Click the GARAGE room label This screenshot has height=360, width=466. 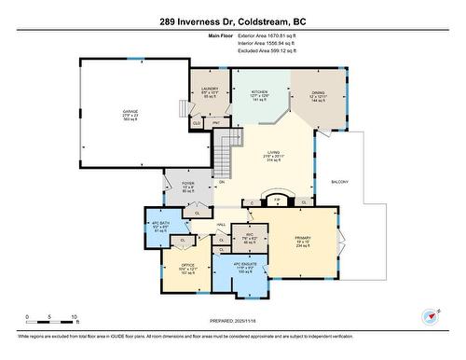pos(130,111)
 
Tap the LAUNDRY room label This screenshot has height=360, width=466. pos(208,88)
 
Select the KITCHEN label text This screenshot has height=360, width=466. pos(259,92)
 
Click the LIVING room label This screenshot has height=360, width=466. pos(274,152)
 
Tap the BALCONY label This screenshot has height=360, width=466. pos(339,182)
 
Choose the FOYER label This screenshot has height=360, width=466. pos(187,184)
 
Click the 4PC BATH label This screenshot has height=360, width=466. pos(159,224)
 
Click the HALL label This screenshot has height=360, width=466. pos(223,225)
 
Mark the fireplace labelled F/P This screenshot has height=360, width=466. pos(277,199)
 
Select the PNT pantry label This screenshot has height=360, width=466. pos(215,122)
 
